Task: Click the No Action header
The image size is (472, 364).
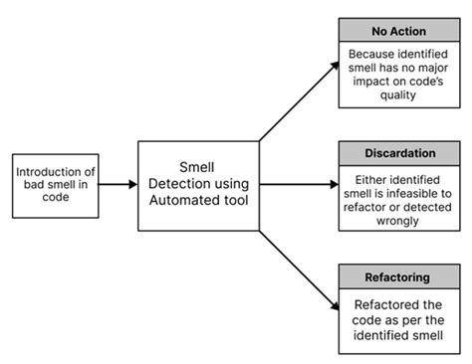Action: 399,30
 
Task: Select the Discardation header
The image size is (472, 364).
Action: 399,153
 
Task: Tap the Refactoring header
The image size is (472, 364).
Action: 399,276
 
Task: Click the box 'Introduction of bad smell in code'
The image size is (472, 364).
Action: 55,184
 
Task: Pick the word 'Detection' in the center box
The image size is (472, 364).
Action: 194,184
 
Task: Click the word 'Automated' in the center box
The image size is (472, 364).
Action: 184,200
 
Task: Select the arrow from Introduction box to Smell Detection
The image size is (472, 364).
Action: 118,184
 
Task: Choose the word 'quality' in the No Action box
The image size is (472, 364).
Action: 399,98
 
